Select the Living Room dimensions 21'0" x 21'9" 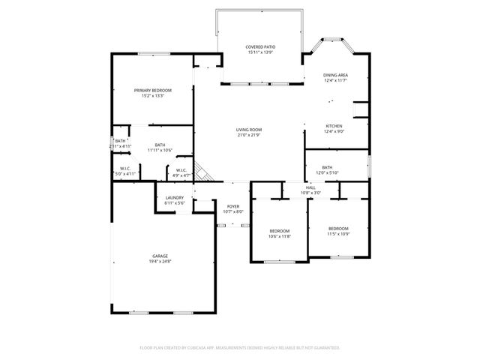248,135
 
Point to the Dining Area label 335,75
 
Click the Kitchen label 334,125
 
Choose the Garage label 160,256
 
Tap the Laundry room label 174,198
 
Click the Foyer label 233,206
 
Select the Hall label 310,187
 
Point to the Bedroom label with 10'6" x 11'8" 279,231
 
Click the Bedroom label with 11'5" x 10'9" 338,228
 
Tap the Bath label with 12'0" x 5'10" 327,167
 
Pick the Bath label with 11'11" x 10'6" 160,145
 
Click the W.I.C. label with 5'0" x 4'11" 125,168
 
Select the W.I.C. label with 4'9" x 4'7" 181,170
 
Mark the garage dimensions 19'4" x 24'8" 160,261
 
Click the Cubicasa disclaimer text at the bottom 240,348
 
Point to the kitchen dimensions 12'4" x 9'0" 334,131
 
